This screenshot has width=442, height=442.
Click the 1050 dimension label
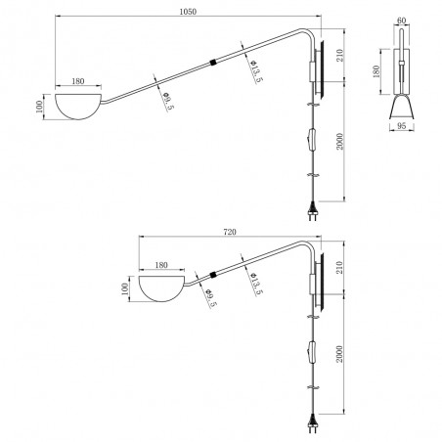188,12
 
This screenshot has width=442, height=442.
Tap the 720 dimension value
230,232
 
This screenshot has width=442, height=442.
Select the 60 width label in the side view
402,21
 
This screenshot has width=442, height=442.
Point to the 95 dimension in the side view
402,125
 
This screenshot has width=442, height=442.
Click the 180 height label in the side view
376,71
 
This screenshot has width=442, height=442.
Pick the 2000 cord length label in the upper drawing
339,141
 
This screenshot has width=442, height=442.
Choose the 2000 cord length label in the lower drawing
339,354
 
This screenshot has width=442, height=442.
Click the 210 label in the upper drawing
339,56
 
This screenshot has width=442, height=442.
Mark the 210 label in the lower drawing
339,267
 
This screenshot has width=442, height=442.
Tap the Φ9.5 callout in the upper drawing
168,101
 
